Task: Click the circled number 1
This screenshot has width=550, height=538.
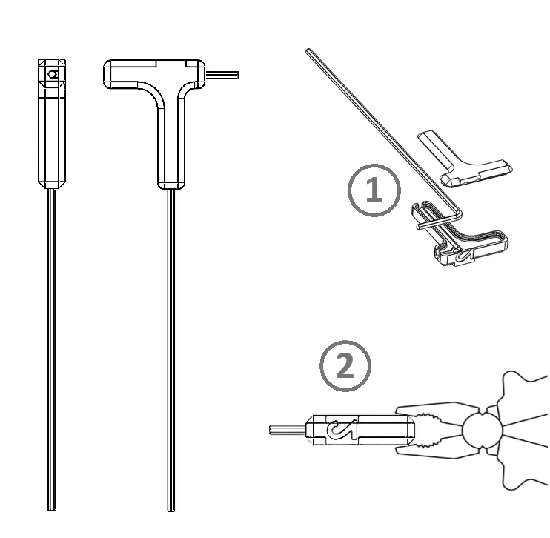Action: [x=374, y=190]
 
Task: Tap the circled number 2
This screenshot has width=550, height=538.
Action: [x=345, y=366]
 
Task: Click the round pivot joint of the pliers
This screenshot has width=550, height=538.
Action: [x=483, y=431]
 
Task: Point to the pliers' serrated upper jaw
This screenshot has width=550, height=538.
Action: [x=435, y=414]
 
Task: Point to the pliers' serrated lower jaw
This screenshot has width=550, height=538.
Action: [x=435, y=447]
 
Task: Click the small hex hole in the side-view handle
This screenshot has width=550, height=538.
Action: [x=53, y=74]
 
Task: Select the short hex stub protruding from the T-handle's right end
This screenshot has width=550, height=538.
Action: [x=222, y=75]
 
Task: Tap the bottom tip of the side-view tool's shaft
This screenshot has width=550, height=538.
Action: [x=52, y=510]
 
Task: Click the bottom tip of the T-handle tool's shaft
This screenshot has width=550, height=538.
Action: [x=170, y=510]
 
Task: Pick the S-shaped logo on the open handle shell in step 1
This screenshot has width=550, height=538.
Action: [x=464, y=257]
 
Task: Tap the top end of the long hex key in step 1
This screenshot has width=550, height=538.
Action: [x=308, y=51]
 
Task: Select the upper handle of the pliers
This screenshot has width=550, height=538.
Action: [x=523, y=393]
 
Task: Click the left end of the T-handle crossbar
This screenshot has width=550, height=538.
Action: [x=105, y=74]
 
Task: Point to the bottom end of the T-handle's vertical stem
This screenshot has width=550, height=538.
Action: [x=170, y=186]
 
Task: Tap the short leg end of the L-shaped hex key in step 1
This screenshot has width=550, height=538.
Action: [x=419, y=227]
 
